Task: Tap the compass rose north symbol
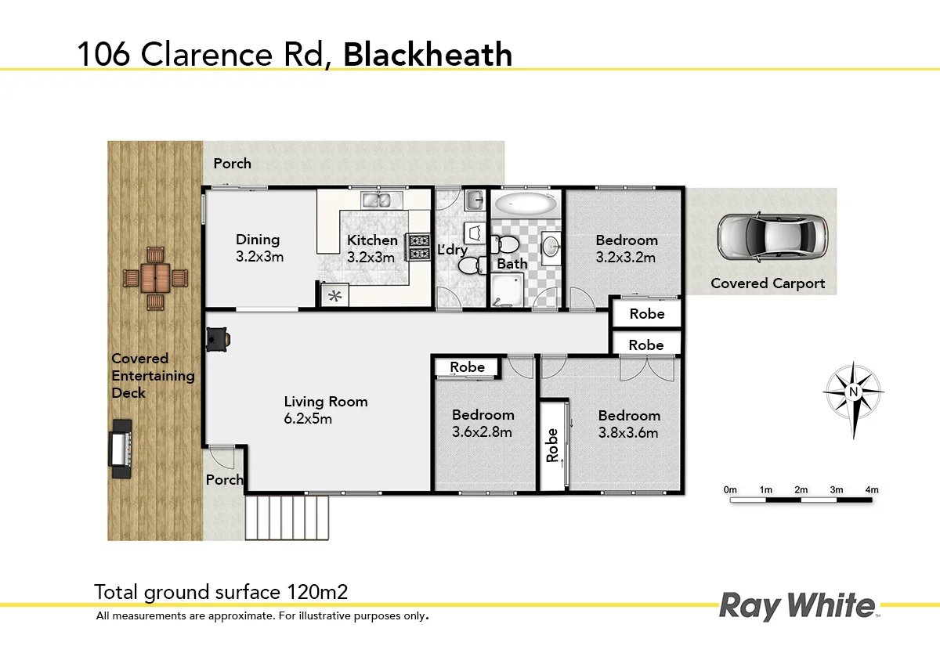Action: [x=854, y=392]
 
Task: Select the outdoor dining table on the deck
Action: [x=156, y=277]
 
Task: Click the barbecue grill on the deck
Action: [x=121, y=448]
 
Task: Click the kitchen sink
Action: [x=375, y=200]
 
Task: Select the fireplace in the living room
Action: [x=217, y=338]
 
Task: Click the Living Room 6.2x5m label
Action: [x=325, y=410]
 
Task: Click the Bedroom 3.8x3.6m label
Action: [x=629, y=424]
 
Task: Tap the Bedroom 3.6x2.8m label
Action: [x=483, y=423]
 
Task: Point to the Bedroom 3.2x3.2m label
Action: [x=626, y=248]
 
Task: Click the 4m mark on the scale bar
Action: [x=871, y=490]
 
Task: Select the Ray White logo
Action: [x=797, y=606]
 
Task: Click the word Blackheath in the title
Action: [x=428, y=55]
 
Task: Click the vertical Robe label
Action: [x=552, y=445]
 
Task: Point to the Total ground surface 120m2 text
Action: [x=220, y=591]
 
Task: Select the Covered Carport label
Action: [x=768, y=283]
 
